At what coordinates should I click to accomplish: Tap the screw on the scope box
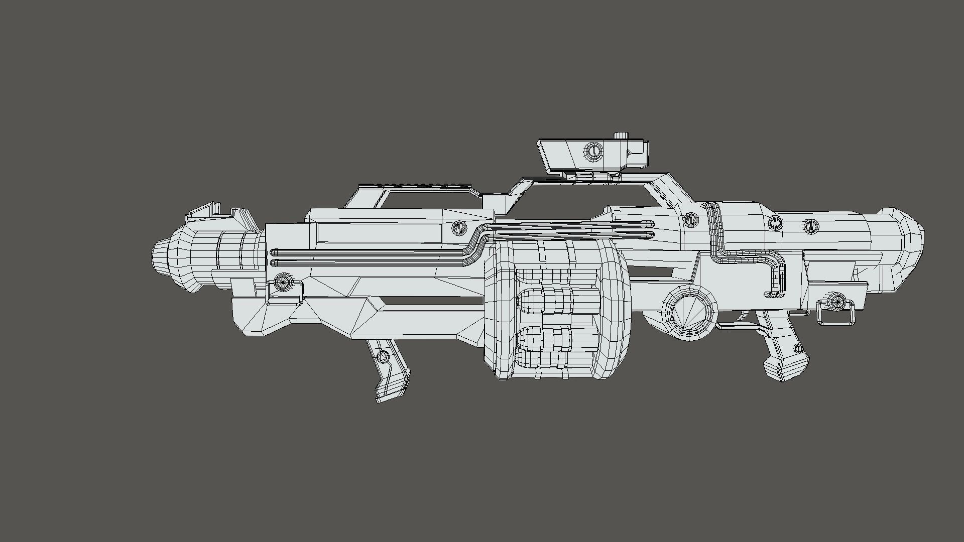point(592,151)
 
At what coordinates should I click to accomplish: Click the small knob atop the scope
point(621,135)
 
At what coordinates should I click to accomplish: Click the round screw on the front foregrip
point(383,357)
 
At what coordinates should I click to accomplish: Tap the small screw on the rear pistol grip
point(798,349)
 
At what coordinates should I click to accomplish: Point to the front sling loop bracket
point(284,293)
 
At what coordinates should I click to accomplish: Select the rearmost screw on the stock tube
point(810,226)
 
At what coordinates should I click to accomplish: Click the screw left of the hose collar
point(691,219)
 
